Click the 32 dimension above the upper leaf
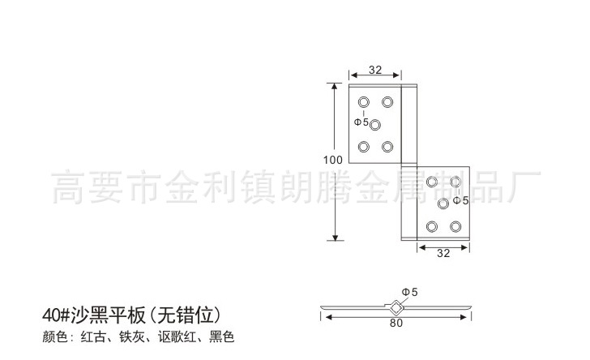pos(375,70)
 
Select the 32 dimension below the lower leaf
pos(442,253)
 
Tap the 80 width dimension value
pos(395,322)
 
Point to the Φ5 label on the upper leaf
pos(361,123)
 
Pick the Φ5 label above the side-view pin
pos(408,292)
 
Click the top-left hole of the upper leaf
pos(363,101)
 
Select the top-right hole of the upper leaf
pos(387,101)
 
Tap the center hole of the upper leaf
pos(375,124)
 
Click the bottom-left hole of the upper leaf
pos(363,147)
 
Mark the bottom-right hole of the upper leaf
pos(387,147)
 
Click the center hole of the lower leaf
pos(443,203)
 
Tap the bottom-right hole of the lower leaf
pos(455,225)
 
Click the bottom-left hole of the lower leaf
pos(432,225)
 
